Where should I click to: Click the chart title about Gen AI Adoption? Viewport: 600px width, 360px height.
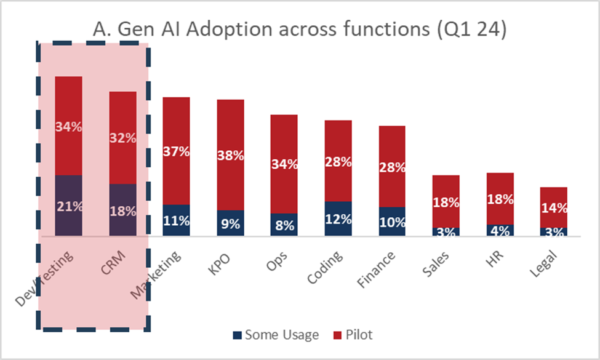click(x=300, y=29)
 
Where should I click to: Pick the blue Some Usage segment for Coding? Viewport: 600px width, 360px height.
click(x=338, y=218)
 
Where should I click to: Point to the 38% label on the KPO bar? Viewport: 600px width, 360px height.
click(x=230, y=156)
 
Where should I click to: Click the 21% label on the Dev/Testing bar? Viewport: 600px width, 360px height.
click(x=69, y=207)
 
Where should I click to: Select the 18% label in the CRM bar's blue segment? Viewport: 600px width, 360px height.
click(x=123, y=212)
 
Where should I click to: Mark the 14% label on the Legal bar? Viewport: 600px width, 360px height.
click(x=553, y=208)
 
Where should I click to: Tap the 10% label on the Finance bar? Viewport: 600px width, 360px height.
click(x=392, y=222)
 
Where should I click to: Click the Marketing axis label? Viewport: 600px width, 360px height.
click(x=158, y=274)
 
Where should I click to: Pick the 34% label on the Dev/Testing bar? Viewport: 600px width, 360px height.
click(x=69, y=127)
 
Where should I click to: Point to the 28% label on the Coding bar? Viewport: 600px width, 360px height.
click(x=338, y=162)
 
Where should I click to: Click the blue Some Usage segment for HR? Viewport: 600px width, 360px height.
click(x=500, y=230)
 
